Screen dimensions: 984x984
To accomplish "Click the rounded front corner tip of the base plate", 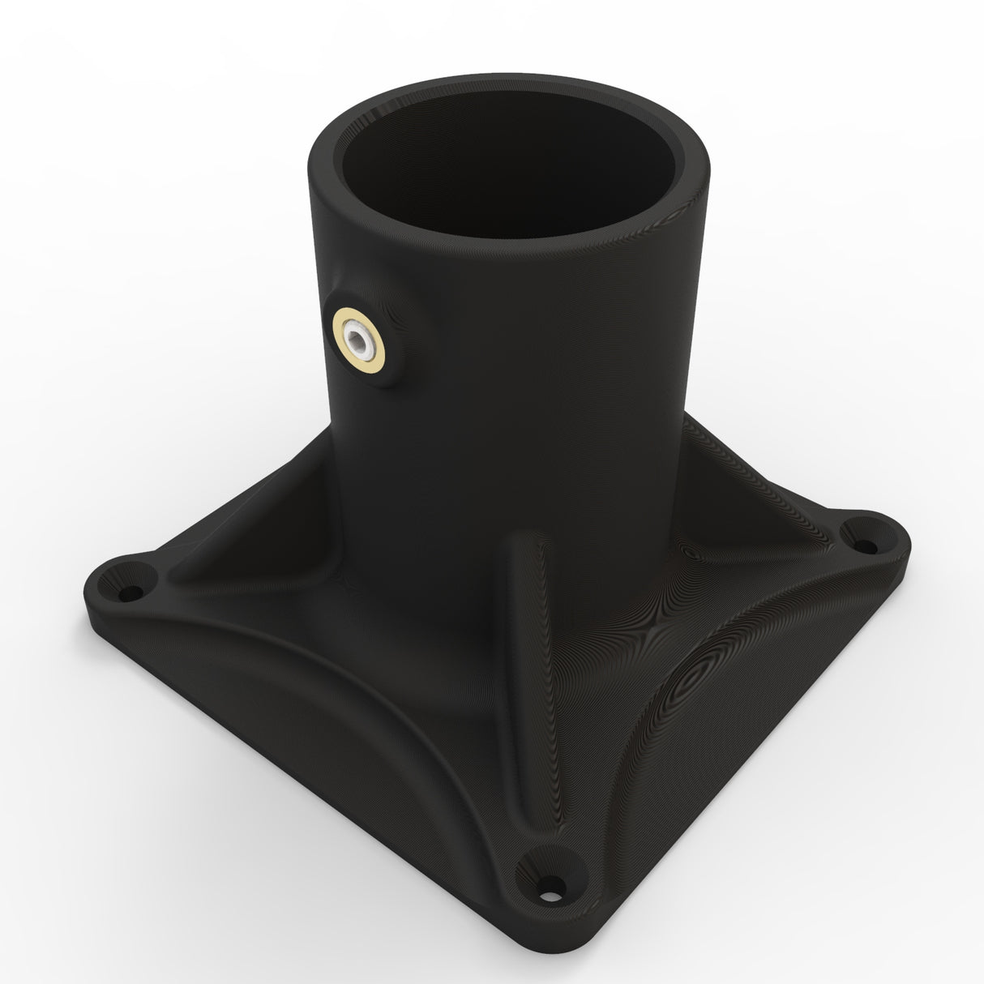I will (559, 932).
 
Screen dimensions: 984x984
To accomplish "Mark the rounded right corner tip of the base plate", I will (896, 539).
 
